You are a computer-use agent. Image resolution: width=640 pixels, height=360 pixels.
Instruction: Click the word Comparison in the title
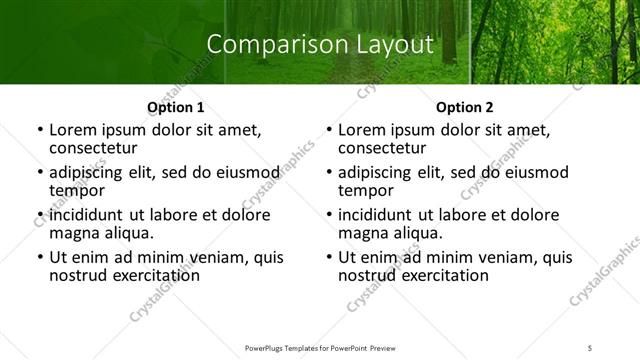(267, 44)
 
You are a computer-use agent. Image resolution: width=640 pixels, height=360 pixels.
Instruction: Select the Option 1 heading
(176, 107)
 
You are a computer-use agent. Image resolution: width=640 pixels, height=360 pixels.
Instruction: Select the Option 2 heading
(465, 107)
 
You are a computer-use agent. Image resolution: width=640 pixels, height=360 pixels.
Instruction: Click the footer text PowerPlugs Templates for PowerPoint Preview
(320, 348)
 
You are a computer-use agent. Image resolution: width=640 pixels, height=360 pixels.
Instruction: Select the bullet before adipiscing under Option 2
(329, 173)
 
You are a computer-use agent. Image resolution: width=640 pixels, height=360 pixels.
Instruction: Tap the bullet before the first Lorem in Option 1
(40, 131)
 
